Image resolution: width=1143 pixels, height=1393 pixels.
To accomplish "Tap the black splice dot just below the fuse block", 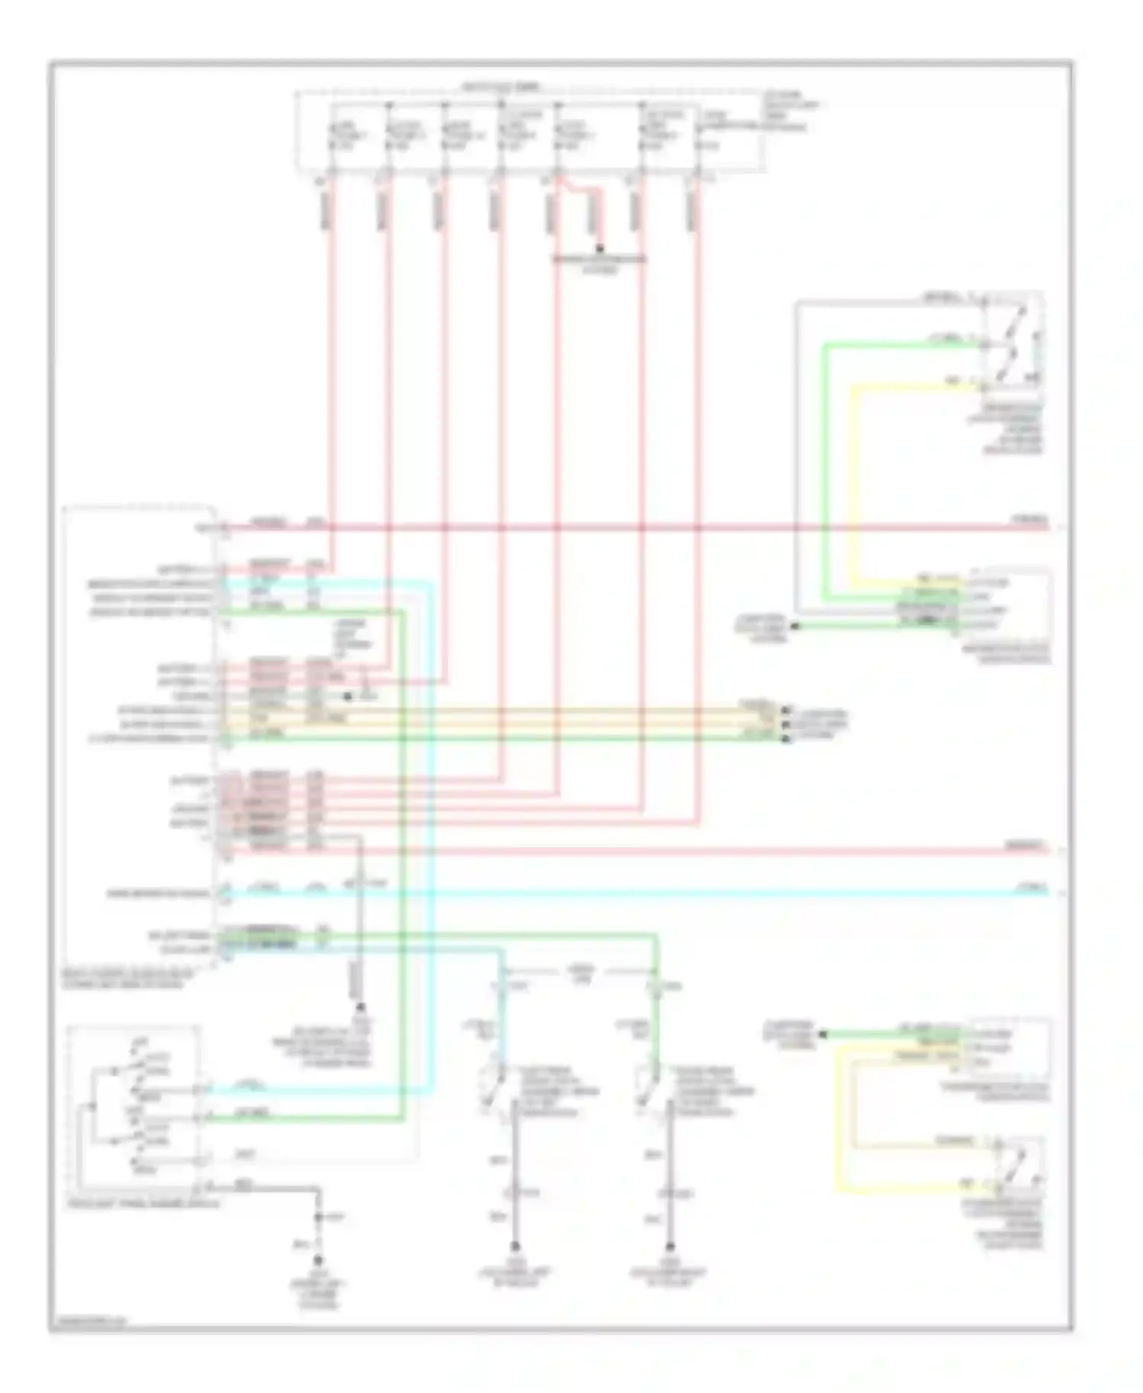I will [x=600, y=248].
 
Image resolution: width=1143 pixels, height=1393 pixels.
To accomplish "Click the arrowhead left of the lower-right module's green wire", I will [x=823, y=1034].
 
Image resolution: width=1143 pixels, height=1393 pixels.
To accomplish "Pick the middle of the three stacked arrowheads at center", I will [x=785, y=723].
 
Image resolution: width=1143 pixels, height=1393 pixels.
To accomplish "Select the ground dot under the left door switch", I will [x=516, y=1247].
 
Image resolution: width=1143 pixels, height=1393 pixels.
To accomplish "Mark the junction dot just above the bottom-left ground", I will [x=319, y=1218].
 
